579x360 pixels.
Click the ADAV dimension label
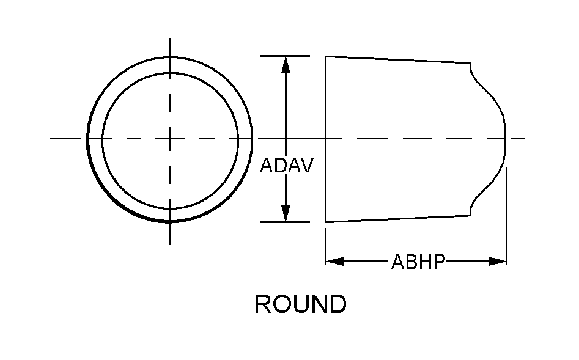[x=286, y=166]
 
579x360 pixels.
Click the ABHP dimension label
[x=418, y=262]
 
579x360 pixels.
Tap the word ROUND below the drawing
[x=300, y=304]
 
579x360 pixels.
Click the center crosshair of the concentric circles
[x=170, y=139]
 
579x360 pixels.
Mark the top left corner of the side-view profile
[x=325, y=57]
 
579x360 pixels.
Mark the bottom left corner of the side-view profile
[x=325, y=222]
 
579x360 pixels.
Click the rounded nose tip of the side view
[x=506, y=138]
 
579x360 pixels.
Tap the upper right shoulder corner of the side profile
[x=470, y=63]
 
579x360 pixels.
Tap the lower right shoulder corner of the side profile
[x=470, y=215]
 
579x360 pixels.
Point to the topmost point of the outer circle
[x=170, y=56]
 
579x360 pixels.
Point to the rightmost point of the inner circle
[x=238, y=139]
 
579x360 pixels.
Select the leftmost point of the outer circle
[x=88, y=139]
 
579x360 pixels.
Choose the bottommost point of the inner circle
[x=170, y=207]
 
